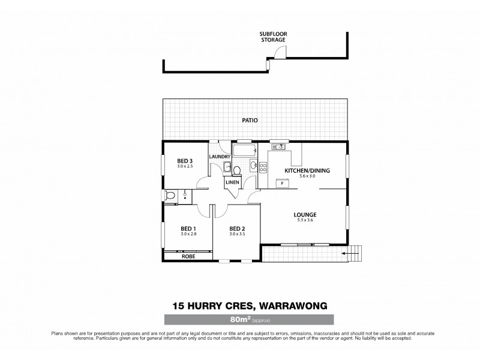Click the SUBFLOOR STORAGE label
coord(272,37)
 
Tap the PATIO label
coord(250,121)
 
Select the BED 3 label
coord(184,161)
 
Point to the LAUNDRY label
coord(220,157)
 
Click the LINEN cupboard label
coord(233,182)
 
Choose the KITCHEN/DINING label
coord(308,170)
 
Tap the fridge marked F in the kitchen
coord(282,182)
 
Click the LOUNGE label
coord(305,215)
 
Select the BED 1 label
coord(188,229)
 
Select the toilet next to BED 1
coord(171,194)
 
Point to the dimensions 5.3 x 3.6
coord(305,221)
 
